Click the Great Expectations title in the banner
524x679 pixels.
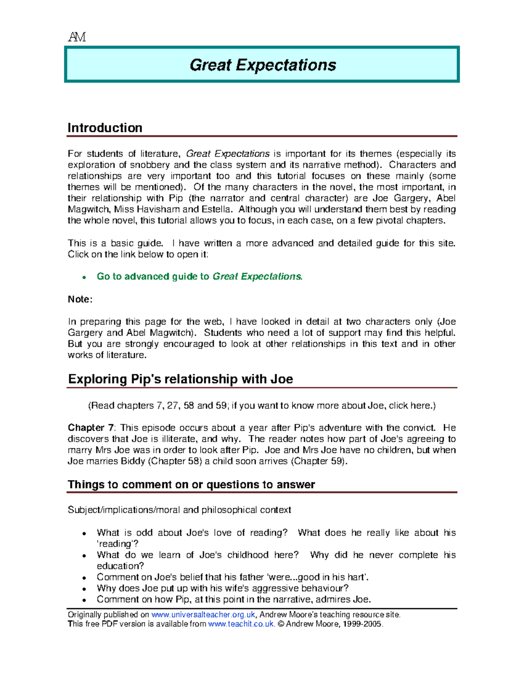pos(263,65)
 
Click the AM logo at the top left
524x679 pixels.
pos(77,37)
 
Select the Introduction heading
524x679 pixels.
pos(105,128)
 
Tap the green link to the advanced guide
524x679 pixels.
pos(200,276)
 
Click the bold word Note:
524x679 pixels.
pos(80,299)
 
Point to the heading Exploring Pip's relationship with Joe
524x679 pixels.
pos(180,379)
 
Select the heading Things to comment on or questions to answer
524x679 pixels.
pos(191,484)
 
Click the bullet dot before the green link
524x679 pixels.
pos(84,277)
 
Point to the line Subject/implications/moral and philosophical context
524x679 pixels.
pos(179,510)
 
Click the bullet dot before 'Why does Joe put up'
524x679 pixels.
pos(84,589)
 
